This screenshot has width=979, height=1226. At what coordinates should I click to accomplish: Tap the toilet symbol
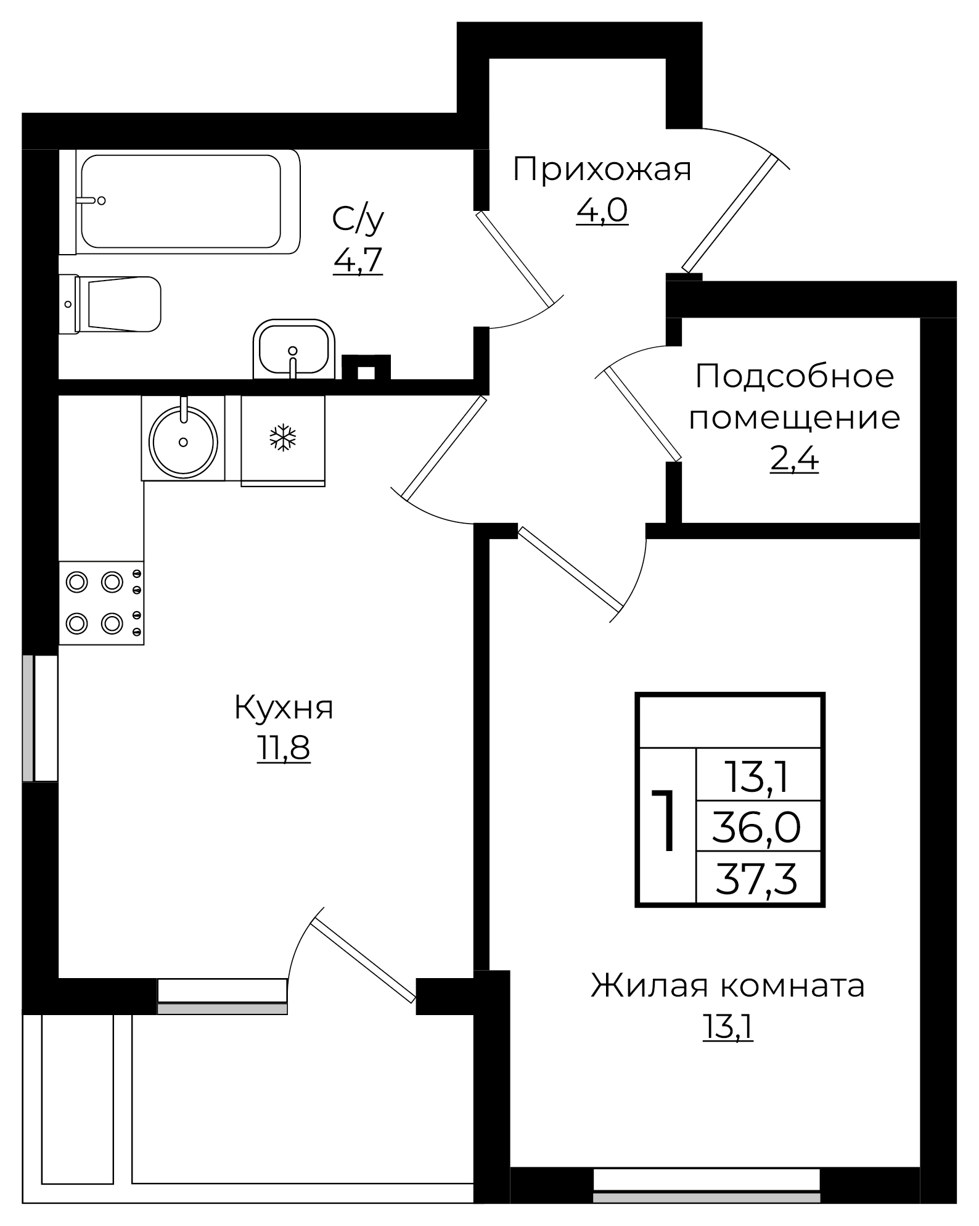pyautogui.click(x=117, y=304)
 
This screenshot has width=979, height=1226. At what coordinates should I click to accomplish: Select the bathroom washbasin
pyautogui.click(x=293, y=350)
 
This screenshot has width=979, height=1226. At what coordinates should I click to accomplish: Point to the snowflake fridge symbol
pyautogui.click(x=283, y=438)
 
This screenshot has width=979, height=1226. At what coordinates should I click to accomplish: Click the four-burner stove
pyautogui.click(x=101, y=603)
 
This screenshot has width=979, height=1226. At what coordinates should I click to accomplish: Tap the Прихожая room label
pyautogui.click(x=602, y=170)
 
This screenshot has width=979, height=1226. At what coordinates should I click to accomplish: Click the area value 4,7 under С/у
pyautogui.click(x=358, y=261)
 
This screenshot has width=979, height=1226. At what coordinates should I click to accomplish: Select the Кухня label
pyautogui.click(x=284, y=707)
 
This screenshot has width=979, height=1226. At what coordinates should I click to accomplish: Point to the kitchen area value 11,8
pyautogui.click(x=284, y=749)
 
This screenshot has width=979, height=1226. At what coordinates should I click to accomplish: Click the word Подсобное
pyautogui.click(x=794, y=376)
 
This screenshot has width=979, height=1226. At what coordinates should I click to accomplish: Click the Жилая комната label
pyautogui.click(x=727, y=985)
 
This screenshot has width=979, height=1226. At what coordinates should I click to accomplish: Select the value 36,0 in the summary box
pyautogui.click(x=756, y=826)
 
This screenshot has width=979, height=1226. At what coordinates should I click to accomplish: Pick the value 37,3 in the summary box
pyautogui.click(x=756, y=878)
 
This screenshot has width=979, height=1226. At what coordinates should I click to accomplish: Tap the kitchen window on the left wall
pyautogui.click(x=40, y=718)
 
